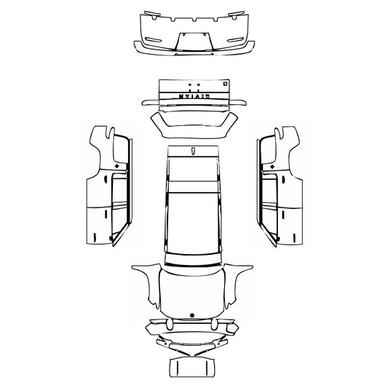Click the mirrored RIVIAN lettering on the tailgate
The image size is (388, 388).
[193, 95]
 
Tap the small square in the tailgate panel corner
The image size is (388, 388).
[226, 81]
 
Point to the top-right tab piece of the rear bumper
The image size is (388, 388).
[236, 12]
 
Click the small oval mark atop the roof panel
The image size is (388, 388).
[194, 151]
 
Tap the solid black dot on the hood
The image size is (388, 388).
[191, 314]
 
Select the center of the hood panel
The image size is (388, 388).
[193, 291]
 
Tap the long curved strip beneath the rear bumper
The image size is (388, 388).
[194, 50]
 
